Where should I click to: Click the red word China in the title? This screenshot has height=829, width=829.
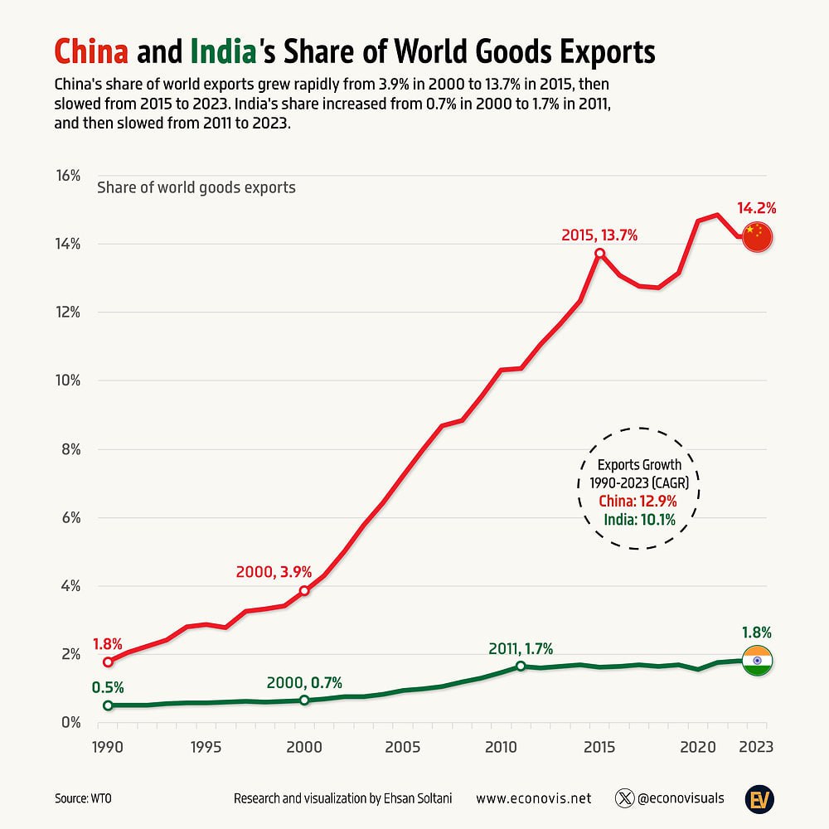(x=91, y=52)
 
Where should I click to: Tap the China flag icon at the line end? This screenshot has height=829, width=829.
(x=756, y=237)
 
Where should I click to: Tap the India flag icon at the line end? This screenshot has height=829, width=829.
(x=757, y=661)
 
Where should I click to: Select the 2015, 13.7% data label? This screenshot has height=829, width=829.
(x=599, y=235)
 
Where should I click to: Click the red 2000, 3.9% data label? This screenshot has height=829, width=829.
(x=274, y=571)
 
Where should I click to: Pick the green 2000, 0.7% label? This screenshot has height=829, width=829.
(x=304, y=683)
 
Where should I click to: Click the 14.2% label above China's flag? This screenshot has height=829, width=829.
(x=756, y=208)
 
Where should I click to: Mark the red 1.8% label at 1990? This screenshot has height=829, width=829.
(x=108, y=643)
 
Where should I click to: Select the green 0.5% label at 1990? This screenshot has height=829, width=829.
(x=108, y=687)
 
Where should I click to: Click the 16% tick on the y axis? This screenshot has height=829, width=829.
(x=68, y=176)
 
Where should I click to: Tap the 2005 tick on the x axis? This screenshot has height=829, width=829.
(x=402, y=747)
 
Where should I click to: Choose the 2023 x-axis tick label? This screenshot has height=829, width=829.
(x=756, y=747)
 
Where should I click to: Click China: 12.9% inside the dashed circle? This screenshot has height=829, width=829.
(x=638, y=501)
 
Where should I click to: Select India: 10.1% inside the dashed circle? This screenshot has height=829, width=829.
(x=640, y=520)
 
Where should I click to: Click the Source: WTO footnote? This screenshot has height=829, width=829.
(x=84, y=799)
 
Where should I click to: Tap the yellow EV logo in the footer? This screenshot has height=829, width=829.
(x=758, y=798)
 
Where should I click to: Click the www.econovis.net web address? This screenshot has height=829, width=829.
(x=534, y=799)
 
